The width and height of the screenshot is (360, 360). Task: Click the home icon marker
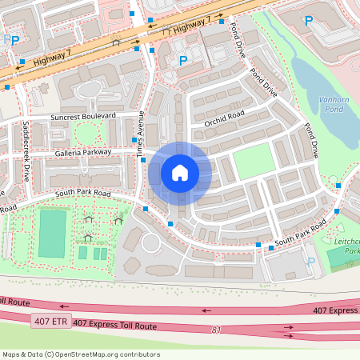tap(180, 173)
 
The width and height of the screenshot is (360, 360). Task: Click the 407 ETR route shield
tap(50, 322)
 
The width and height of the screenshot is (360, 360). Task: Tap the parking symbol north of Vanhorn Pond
tap(308, 21)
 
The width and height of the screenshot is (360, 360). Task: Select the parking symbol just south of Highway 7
tap(182, 60)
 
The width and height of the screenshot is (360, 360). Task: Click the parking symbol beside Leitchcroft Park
tap(311, 262)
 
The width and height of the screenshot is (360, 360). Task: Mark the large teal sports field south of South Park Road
tap(53, 232)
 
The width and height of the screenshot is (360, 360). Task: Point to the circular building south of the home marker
tap(151, 242)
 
